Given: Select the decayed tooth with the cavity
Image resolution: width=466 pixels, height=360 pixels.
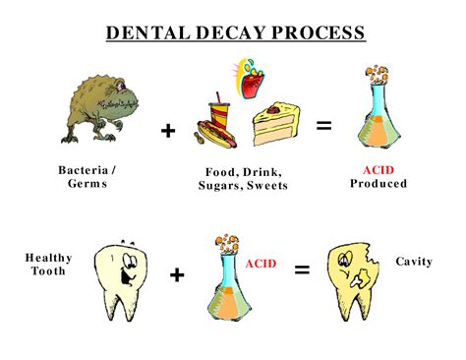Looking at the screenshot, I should click(x=352, y=278).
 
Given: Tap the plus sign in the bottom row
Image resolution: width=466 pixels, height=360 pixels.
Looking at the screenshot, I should click(x=176, y=275).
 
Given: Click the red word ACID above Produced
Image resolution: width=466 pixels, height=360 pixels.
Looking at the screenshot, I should click(x=378, y=169).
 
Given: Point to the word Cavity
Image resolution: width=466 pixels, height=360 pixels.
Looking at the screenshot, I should click(x=414, y=261).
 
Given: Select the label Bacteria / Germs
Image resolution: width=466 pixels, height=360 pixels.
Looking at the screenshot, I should click(x=87, y=176).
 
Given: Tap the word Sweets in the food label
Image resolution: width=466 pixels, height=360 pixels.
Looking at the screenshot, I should click(x=266, y=185).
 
